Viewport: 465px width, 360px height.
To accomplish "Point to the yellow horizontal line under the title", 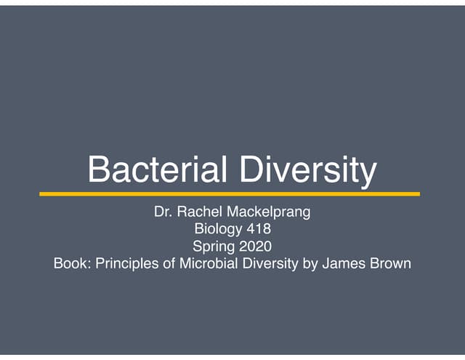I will click(x=230, y=194).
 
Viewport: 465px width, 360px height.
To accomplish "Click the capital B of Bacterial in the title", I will click(x=97, y=170).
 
